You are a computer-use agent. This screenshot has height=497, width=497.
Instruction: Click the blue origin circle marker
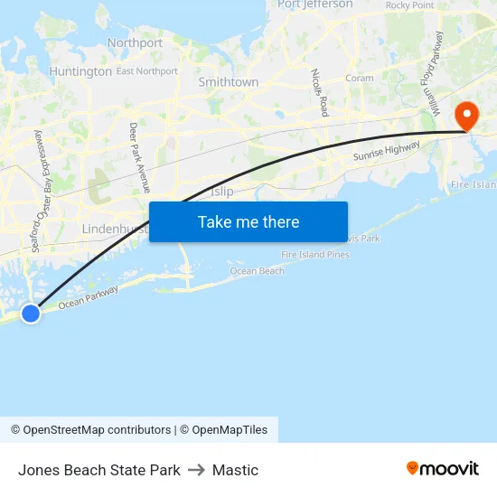coord(31,313)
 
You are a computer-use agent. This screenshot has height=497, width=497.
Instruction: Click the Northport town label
coord(135,42)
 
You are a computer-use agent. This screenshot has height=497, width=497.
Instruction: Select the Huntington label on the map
coord(80,71)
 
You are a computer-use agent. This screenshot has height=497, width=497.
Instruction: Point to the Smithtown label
coord(228,82)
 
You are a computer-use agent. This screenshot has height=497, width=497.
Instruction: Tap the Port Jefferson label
coord(315,5)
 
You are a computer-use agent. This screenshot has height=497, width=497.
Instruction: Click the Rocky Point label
coord(409,5)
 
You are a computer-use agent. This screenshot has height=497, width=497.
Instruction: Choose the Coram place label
coord(359,79)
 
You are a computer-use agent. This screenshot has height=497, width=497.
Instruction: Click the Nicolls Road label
coord(318,92)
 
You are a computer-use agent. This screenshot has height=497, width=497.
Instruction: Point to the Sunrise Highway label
coord(386,153)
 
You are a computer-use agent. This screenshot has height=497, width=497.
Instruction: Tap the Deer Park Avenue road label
coord(139,158)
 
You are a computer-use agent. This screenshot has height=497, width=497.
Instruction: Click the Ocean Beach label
coord(257,271)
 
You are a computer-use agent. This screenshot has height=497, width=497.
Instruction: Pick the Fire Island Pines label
coord(314,255)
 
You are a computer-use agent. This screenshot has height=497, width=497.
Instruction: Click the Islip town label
coord(221,192)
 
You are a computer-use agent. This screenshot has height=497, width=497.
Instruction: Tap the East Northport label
coord(146,71)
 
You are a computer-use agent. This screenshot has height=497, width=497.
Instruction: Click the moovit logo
coord(443,468)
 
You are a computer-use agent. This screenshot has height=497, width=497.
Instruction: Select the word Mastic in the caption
coord(235,470)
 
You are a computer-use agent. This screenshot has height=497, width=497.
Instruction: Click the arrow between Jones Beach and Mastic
coord(196,470)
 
